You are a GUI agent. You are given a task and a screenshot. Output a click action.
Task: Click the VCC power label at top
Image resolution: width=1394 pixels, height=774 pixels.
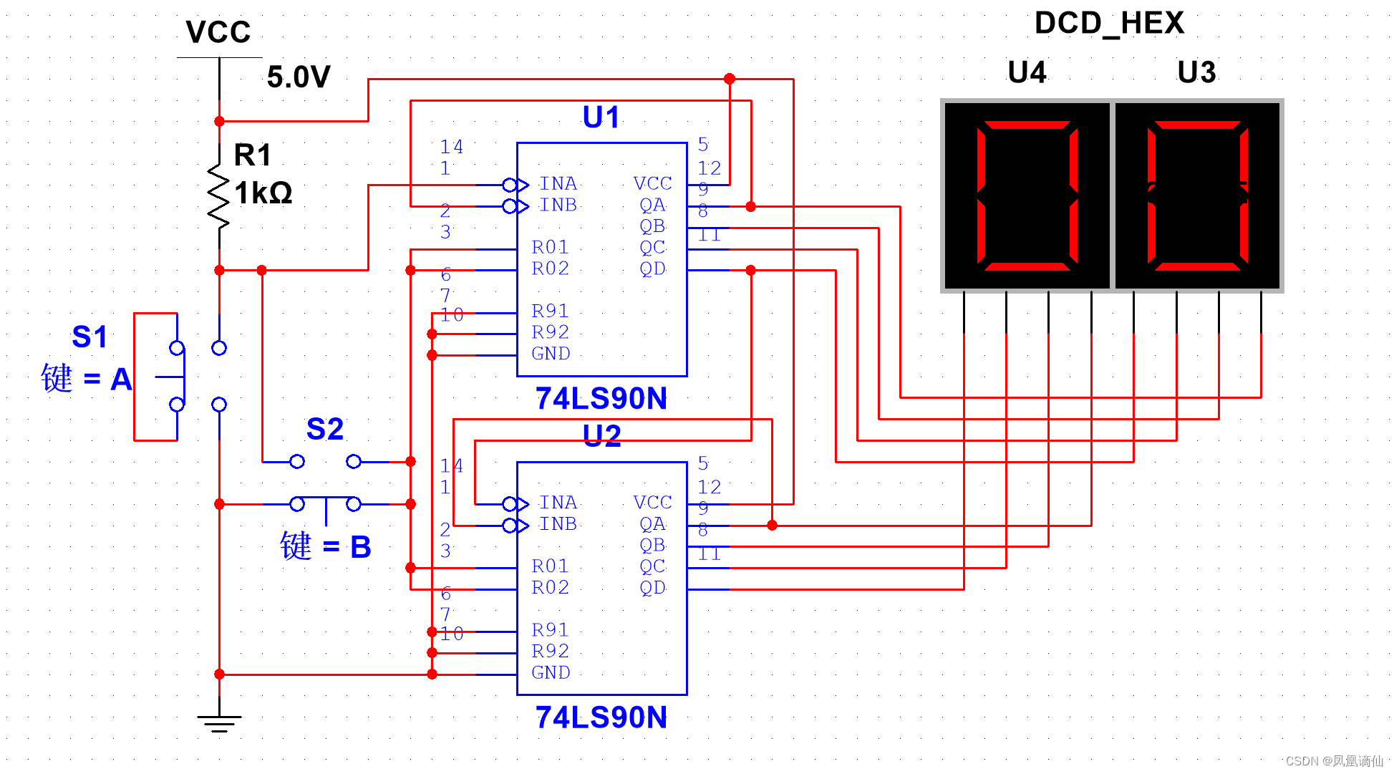click(x=218, y=32)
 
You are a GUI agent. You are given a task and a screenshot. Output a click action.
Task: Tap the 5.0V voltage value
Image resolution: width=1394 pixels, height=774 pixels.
click(x=299, y=77)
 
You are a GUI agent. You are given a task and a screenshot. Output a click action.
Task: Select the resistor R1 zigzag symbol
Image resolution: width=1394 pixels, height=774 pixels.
click(x=219, y=195)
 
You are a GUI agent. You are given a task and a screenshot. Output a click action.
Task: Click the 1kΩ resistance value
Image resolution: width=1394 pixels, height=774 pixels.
click(x=263, y=193)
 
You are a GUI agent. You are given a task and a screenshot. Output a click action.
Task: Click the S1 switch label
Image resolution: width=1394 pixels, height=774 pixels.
click(x=89, y=337)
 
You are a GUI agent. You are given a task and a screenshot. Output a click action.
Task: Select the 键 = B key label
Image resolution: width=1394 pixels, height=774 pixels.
click(x=326, y=547)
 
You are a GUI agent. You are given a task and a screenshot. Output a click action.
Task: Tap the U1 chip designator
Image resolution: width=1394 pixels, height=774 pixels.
click(x=601, y=117)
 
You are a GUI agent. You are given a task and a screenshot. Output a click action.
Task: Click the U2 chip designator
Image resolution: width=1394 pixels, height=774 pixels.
click(x=601, y=435)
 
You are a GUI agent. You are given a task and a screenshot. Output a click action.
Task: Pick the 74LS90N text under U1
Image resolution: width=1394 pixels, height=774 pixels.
click(x=601, y=398)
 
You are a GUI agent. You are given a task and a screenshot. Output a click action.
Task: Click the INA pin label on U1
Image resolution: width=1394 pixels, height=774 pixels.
click(x=558, y=184)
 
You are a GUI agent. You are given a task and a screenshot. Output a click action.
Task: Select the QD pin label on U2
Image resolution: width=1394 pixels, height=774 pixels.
click(x=652, y=588)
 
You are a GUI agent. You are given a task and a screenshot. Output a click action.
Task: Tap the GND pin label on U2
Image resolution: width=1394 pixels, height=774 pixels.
click(x=551, y=672)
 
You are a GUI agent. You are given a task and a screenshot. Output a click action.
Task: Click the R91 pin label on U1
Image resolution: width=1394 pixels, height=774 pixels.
click(x=550, y=311)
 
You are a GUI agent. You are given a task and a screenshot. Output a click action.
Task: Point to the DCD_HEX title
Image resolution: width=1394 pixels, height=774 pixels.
click(x=1109, y=23)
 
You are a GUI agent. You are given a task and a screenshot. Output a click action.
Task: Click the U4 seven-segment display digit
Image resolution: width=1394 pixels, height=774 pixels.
click(x=1027, y=195)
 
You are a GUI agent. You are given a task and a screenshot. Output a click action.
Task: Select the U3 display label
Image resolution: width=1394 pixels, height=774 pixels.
click(x=1196, y=72)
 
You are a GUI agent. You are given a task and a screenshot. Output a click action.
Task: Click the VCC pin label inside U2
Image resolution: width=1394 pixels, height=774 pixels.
click(x=652, y=503)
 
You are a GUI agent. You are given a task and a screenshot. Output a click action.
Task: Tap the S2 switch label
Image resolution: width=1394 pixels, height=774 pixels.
click(x=325, y=429)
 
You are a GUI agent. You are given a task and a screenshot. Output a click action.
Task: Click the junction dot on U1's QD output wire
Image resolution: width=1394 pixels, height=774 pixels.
click(x=750, y=271)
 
